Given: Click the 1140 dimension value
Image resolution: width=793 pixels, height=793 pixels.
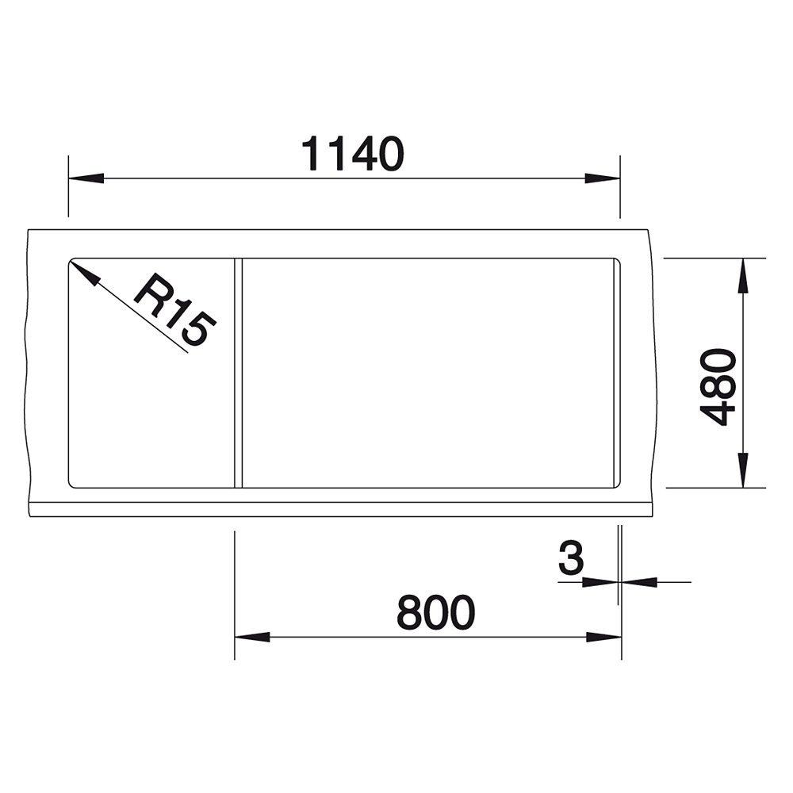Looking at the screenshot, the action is pos(353,153).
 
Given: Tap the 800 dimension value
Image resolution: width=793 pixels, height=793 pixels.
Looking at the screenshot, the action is pos(436,612).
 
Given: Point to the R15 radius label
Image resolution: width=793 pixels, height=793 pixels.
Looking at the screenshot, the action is pos(175,309).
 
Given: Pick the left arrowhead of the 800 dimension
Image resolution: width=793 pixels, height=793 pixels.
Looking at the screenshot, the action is pos(252,638).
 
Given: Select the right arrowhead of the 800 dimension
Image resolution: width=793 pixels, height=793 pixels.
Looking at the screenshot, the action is pos(603,638).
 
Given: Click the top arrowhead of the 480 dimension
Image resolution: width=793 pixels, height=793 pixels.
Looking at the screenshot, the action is pos(743,276).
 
